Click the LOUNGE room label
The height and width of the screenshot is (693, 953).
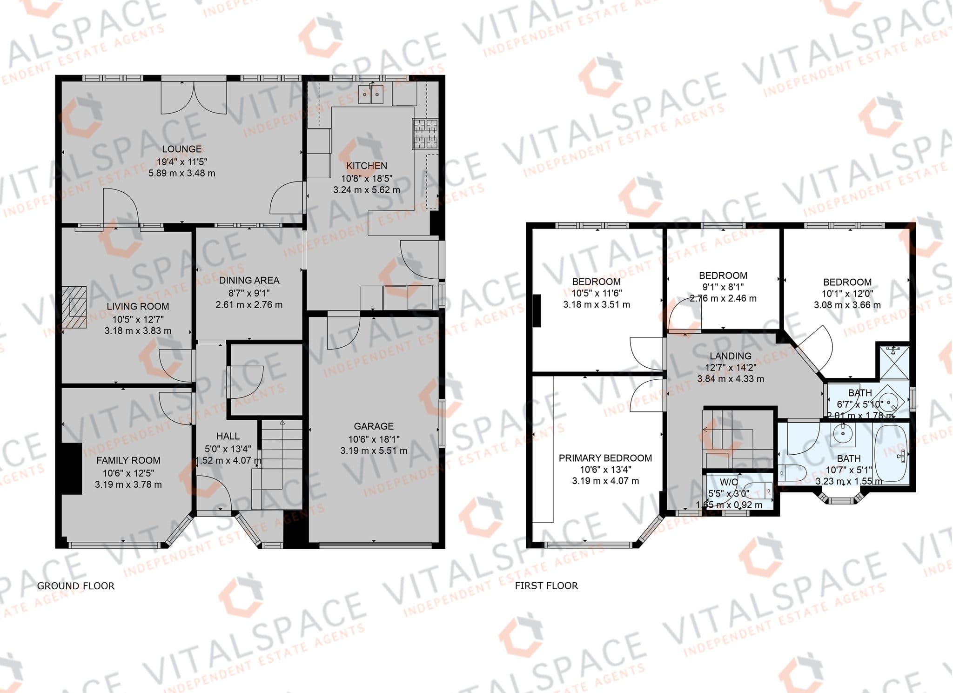coord(182,149)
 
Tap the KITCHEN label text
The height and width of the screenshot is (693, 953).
coord(367,166)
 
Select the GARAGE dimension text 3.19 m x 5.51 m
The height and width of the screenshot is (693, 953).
coord(374,451)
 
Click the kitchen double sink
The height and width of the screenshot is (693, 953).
coord(371,94)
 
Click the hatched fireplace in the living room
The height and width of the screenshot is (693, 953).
coord(74,307)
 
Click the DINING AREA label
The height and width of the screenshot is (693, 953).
coord(249,280)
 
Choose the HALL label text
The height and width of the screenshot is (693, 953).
coord(228,436)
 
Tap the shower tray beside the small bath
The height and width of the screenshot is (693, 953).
coord(893,363)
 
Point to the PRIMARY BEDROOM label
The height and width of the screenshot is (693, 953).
coord(605,458)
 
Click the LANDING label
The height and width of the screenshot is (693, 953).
coord(731,356)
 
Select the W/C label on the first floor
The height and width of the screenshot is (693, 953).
coord(729,482)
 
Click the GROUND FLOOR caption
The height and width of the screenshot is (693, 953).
coord(76,586)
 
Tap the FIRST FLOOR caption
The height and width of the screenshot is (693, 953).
coord(546,586)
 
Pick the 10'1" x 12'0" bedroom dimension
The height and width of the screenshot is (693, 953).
coord(847,294)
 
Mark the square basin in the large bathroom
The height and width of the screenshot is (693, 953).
coord(842,434)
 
